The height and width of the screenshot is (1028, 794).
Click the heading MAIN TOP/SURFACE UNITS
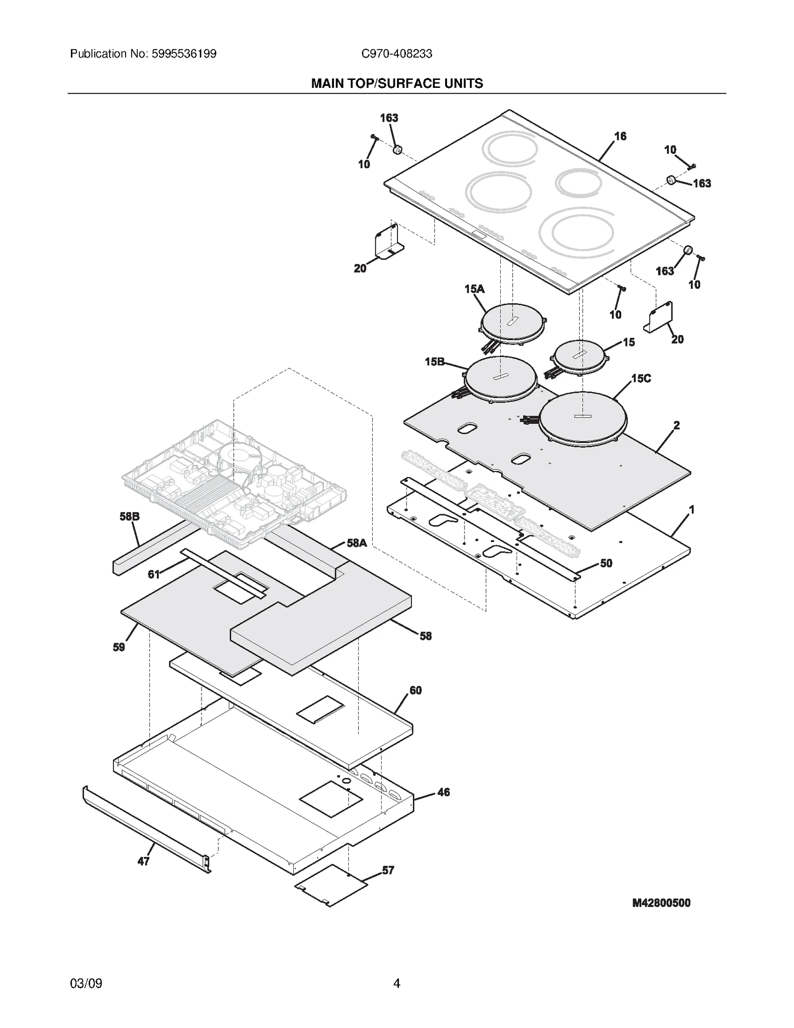(x=397, y=83)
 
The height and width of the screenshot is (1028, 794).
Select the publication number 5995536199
(x=183, y=54)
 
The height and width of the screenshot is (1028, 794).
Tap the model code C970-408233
(x=397, y=54)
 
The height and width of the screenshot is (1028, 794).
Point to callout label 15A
(x=474, y=289)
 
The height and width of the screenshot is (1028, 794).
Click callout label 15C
(x=641, y=379)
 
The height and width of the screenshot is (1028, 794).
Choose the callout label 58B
(x=130, y=517)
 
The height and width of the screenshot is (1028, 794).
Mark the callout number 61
(x=154, y=574)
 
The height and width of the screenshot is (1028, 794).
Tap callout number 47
(x=143, y=861)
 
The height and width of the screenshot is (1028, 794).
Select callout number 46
(x=443, y=792)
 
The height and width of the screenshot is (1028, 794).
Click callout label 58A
(x=356, y=543)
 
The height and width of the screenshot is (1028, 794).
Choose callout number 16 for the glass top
(x=620, y=136)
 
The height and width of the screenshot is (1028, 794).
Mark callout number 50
(x=606, y=563)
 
